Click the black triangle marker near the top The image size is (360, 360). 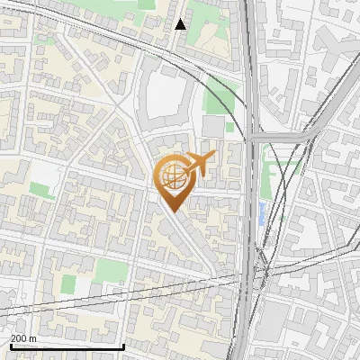click(x=181, y=24)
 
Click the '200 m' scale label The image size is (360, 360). click(x=23, y=339)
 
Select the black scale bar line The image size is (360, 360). click(x=67, y=346)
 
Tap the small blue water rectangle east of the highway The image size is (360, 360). click(x=262, y=213)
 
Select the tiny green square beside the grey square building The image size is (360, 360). click(x=229, y=127)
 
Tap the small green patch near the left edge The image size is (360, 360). click(x=40, y=190)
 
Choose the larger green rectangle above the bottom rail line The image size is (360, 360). click(x=110, y=270)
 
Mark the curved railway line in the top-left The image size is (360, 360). click(x=90, y=36)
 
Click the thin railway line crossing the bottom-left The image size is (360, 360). click(x=54, y=304)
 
